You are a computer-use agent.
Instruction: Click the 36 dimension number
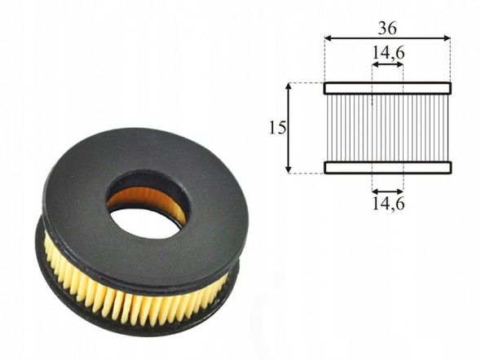coord(387,29)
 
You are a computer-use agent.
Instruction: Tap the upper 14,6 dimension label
coord(388,53)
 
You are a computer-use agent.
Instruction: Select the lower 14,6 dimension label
coord(388,203)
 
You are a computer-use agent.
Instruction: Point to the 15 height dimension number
coord(277,128)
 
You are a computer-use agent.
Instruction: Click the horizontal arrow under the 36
coord(387,38)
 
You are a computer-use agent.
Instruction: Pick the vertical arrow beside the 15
coord(288,128)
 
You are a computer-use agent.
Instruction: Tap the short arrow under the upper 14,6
coord(387,64)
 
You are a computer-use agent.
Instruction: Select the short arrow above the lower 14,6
coord(387,191)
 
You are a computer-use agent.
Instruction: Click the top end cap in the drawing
coord(388,88)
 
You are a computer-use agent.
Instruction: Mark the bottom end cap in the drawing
coord(388,168)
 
